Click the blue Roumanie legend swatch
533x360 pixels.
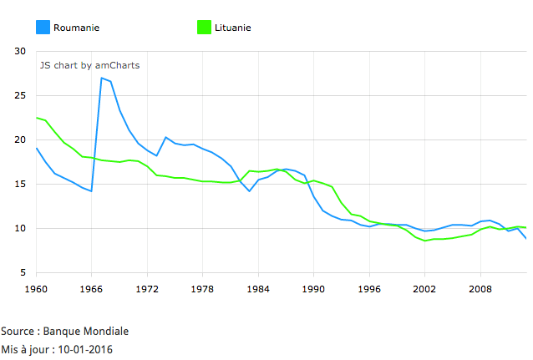[x=43, y=28]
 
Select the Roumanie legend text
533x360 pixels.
[x=76, y=28]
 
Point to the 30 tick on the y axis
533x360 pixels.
[x=21, y=51]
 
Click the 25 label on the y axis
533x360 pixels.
[x=21, y=95]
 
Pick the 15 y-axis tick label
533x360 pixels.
[x=21, y=184]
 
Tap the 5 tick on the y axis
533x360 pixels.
[x=23, y=272]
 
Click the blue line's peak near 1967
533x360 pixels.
[x=101, y=78]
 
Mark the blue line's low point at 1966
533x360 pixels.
[x=92, y=191]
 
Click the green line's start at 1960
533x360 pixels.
[x=37, y=118]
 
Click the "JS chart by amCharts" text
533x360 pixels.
[x=89, y=64]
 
